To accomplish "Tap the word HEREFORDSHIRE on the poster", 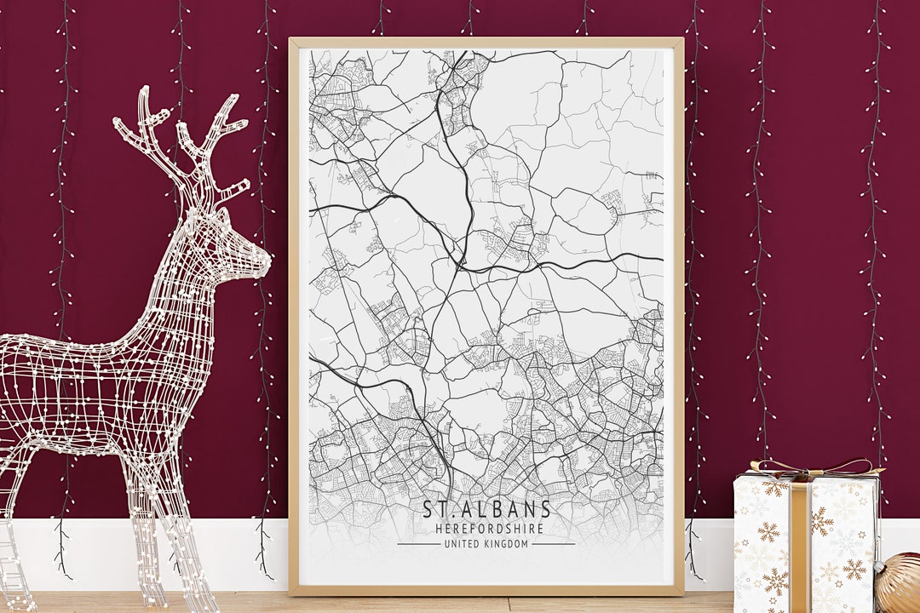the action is coord(486,529).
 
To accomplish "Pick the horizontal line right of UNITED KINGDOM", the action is coord(554,544).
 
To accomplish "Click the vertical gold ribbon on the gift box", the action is coord(800,545).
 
